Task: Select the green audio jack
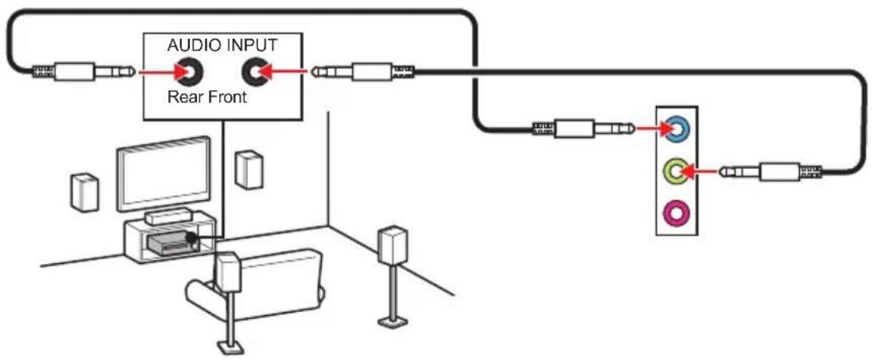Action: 676,171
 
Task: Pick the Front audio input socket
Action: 254,72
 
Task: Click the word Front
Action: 227,98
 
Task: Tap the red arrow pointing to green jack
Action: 698,171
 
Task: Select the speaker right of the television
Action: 249,169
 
